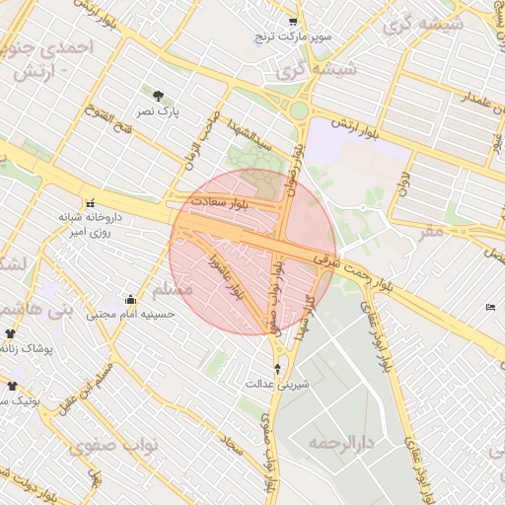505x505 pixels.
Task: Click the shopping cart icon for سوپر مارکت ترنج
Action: coord(292,22)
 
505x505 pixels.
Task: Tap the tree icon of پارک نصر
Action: coord(159,96)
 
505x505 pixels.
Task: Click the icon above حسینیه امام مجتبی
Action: coord(130,299)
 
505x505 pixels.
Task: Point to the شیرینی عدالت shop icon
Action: coord(276,368)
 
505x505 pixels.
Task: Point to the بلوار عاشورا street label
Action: coord(237,277)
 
